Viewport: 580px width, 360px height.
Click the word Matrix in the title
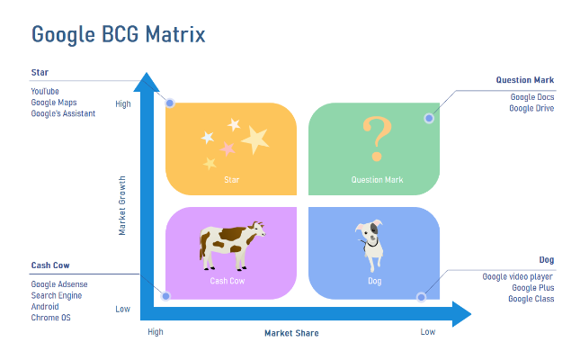(175, 34)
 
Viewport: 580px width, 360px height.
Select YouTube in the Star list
(45, 92)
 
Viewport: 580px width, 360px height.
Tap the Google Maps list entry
(54, 103)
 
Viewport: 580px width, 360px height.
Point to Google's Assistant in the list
(63, 113)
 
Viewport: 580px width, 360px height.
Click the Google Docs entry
(532, 97)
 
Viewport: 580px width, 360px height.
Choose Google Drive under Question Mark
(531, 108)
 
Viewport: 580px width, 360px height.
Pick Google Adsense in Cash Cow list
(59, 284)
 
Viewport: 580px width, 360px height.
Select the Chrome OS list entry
(50, 318)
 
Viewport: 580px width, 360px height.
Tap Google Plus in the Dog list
(533, 288)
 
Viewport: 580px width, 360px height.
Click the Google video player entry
(517, 277)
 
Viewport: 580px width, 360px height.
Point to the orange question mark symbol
(377, 139)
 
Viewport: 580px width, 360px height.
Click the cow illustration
(232, 246)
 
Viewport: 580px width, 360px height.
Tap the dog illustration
(370, 245)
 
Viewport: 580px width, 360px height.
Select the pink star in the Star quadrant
(228, 148)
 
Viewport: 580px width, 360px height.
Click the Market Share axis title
(291, 333)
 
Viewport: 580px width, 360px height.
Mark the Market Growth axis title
(122, 205)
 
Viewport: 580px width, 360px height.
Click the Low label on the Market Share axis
(428, 332)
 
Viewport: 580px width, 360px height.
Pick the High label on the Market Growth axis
(123, 104)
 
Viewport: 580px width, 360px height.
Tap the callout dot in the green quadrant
(429, 119)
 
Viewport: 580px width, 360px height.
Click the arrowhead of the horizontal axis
(461, 314)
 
